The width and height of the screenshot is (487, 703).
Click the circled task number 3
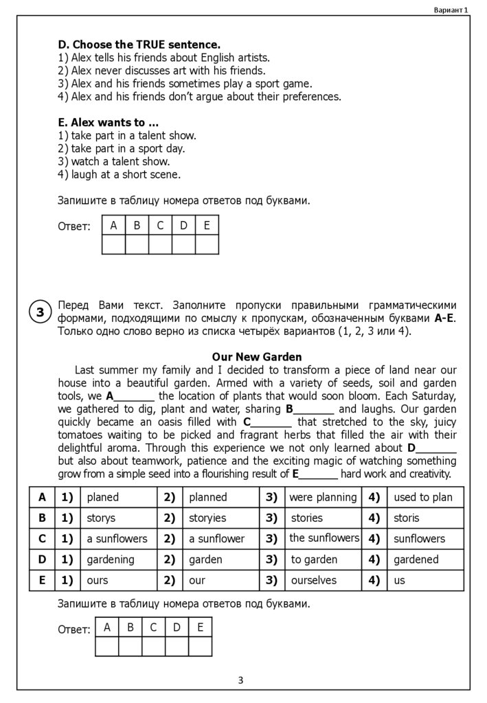(x=40, y=312)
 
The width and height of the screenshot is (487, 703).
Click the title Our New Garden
(x=257, y=357)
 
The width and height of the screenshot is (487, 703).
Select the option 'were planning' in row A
(x=323, y=497)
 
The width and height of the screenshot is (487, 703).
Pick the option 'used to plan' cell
(x=422, y=497)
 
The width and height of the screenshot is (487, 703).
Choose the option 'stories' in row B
(x=306, y=518)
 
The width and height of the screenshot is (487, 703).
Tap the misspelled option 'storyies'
(x=207, y=518)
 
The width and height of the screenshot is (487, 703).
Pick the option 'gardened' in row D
(x=416, y=560)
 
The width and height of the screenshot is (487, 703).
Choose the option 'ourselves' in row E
(x=314, y=580)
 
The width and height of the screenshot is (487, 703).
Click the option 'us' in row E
(x=400, y=580)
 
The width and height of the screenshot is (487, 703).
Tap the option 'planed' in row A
(x=103, y=497)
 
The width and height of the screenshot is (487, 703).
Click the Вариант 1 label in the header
(x=451, y=10)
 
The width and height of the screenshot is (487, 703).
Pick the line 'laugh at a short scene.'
(x=126, y=174)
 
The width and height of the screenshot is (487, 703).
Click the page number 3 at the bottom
(x=240, y=680)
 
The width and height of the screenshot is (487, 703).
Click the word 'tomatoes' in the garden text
(x=82, y=435)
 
